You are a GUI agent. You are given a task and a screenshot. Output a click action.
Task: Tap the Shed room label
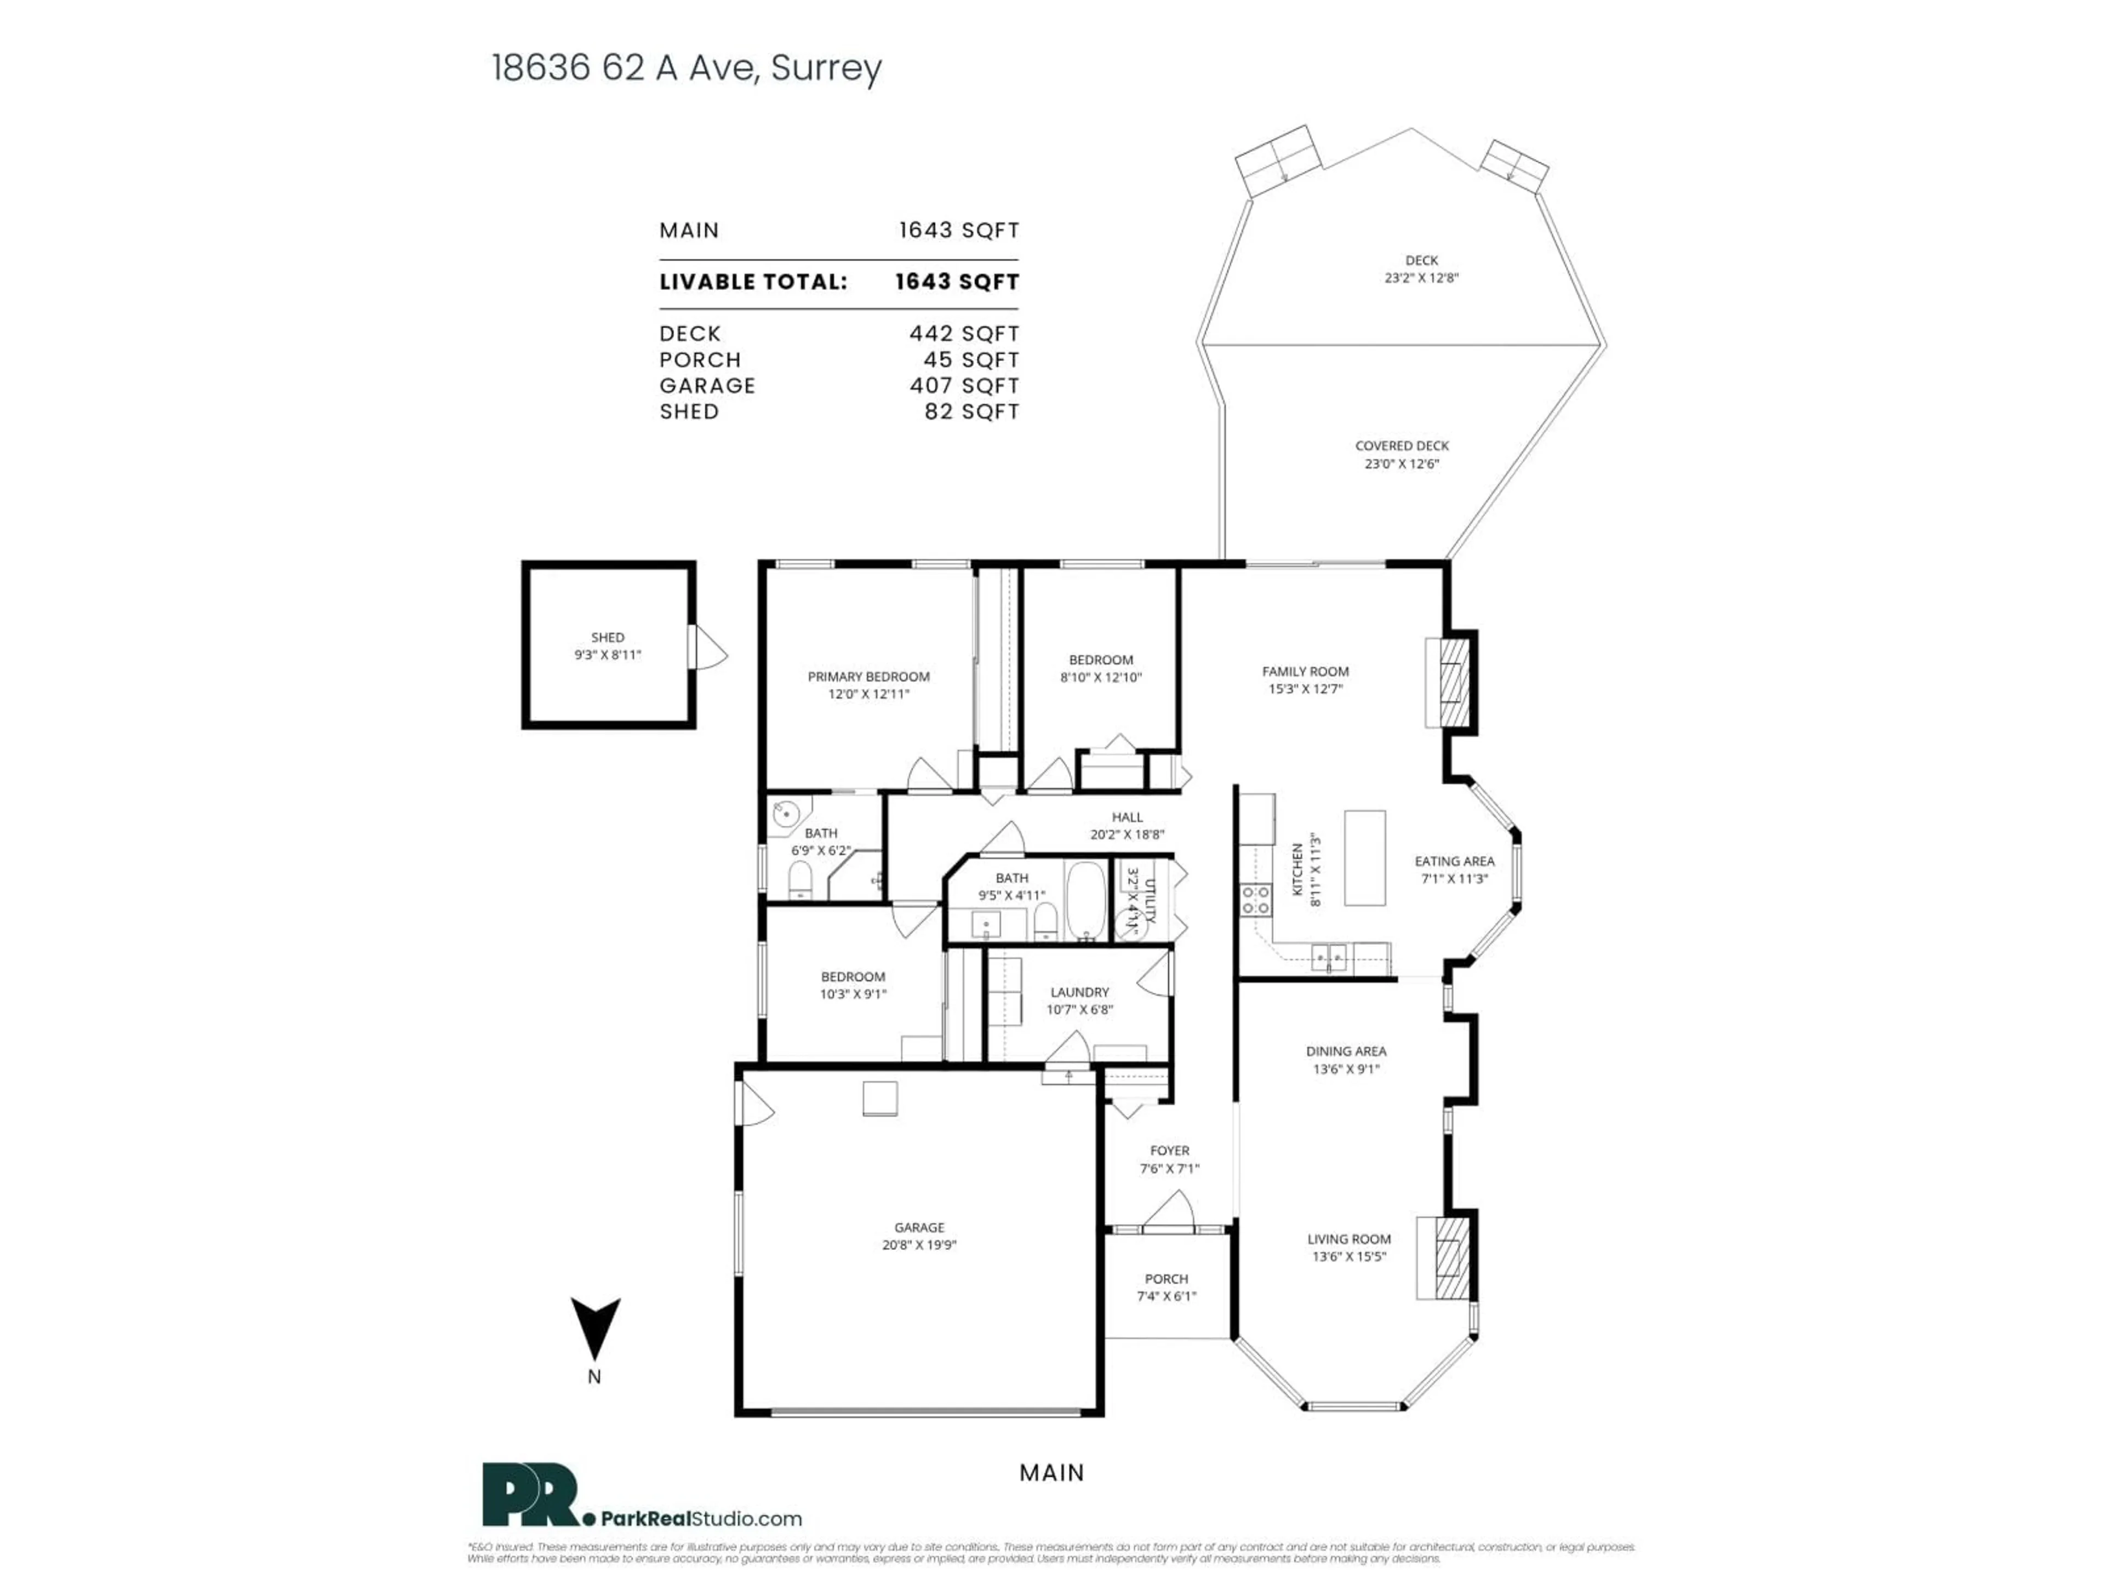608,637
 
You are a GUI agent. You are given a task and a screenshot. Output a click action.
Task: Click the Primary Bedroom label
868,676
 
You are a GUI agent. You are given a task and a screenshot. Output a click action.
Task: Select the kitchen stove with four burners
1256,900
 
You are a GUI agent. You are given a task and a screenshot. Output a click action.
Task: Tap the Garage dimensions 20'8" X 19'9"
919,1245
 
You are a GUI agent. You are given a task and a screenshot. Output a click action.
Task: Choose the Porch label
1166,1278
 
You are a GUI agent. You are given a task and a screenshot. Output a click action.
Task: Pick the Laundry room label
1079,992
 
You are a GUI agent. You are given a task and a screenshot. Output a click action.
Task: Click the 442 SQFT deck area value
964,334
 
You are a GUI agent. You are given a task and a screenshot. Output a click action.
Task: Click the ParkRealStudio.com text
701,1519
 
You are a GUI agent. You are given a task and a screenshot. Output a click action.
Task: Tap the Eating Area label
1454,861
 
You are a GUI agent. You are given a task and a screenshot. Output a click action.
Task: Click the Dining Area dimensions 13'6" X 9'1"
1346,1069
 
